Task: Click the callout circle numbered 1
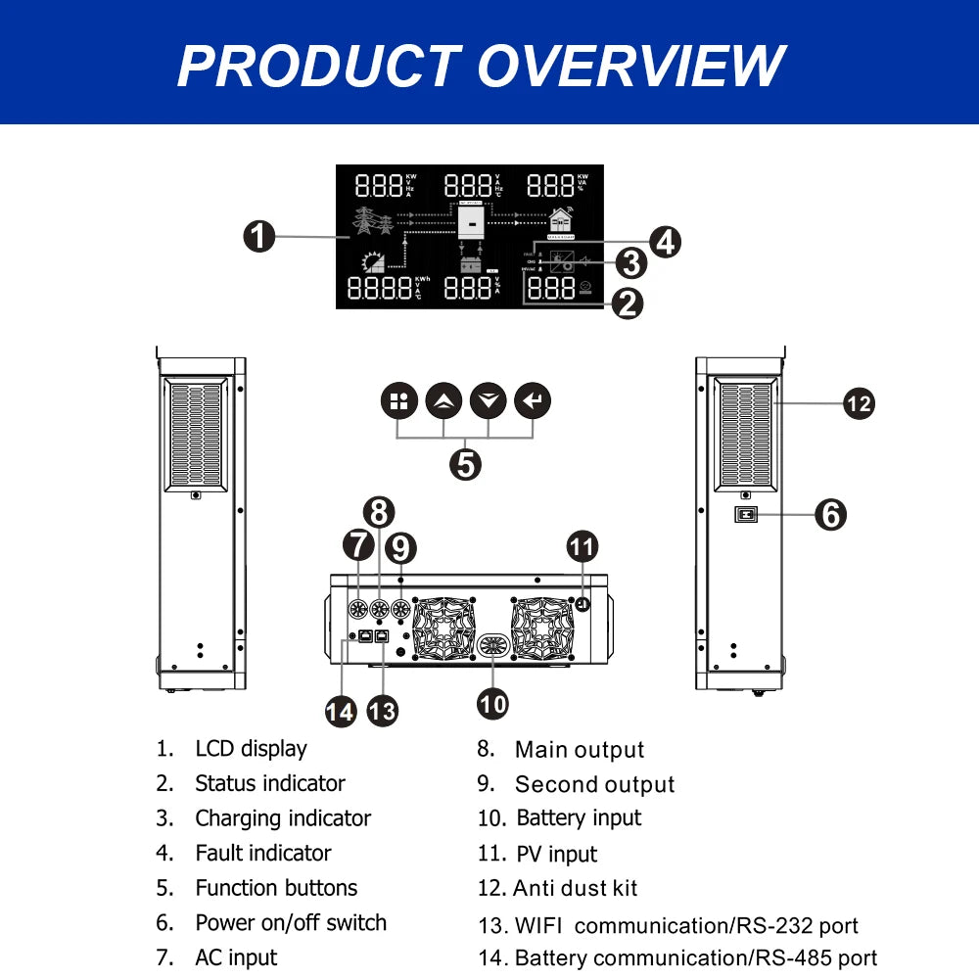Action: [258, 237]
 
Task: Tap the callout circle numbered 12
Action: [859, 402]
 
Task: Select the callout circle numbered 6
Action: [830, 514]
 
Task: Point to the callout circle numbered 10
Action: [493, 702]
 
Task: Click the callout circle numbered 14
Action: [340, 710]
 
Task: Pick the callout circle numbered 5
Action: [466, 463]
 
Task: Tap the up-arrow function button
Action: [444, 400]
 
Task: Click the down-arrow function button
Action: [488, 400]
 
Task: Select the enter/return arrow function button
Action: [533, 400]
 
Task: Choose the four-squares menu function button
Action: [398, 400]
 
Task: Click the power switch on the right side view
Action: [746, 514]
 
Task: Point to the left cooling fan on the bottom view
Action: [443, 627]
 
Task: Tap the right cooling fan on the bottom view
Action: [541, 627]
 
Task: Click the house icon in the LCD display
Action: [560, 221]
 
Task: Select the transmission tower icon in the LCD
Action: [373, 222]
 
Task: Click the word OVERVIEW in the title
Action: [630, 66]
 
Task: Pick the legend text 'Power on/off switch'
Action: [291, 922]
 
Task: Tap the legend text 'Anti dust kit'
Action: [576, 888]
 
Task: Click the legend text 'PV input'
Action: [557, 854]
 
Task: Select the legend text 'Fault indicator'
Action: [263, 853]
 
